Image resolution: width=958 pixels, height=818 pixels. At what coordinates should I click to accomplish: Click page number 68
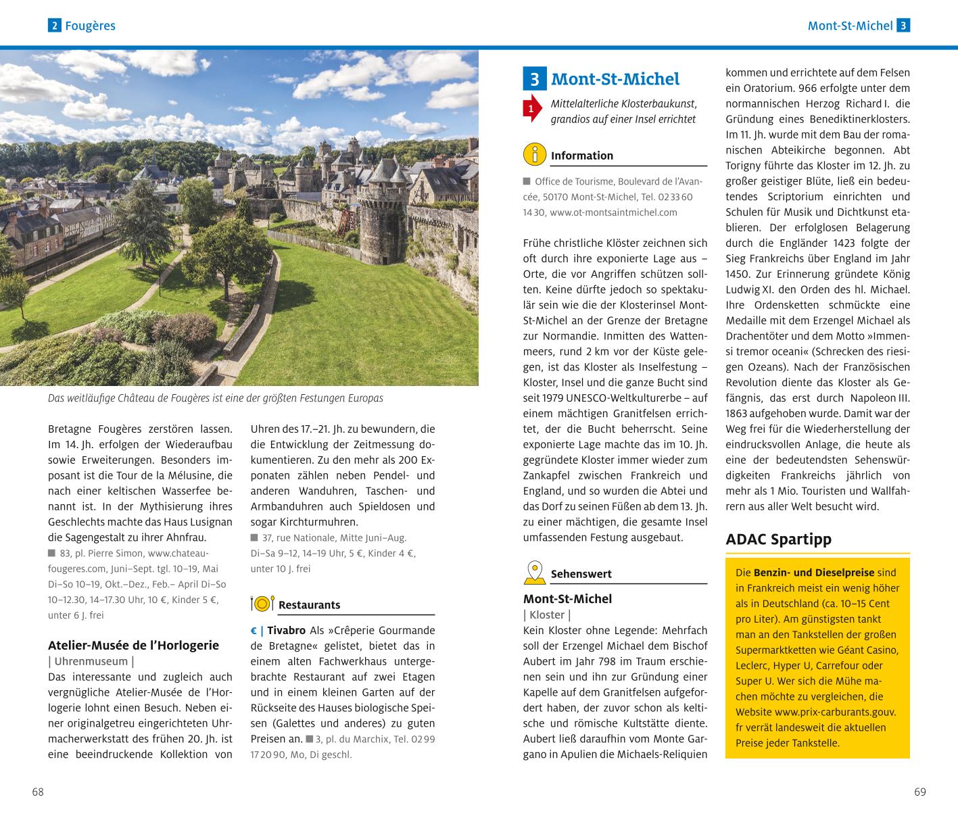point(38,792)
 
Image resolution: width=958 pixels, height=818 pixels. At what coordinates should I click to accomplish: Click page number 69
point(919,792)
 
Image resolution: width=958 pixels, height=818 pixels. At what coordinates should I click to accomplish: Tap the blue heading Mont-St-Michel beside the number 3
point(615,79)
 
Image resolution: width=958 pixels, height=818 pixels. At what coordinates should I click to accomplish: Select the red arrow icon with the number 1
point(532,108)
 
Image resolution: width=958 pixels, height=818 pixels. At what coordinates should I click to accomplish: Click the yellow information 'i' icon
point(534,155)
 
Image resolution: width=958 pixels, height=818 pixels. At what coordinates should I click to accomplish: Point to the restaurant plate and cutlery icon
point(262,604)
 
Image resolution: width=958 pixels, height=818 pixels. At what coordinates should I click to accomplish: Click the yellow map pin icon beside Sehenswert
point(534,573)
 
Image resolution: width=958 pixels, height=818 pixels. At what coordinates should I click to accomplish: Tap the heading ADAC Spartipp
point(778,539)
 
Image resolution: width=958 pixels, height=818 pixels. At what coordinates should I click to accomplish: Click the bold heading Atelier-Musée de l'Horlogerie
point(133,645)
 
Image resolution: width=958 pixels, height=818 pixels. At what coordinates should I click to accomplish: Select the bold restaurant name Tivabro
point(286,630)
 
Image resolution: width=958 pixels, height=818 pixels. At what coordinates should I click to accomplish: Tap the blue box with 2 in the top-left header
point(54,26)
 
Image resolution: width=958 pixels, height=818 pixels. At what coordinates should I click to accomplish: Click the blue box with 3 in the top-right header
point(903,26)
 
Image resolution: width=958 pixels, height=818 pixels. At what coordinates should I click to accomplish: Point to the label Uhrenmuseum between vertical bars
point(91,661)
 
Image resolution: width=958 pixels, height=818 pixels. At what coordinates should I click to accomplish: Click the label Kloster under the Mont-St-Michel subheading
point(547,615)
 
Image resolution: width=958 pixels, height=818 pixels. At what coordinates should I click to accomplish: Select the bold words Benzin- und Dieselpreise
point(813,572)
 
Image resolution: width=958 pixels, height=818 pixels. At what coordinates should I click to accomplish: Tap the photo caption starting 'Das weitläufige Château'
point(215,398)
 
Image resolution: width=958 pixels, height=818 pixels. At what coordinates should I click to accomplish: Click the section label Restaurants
point(309,605)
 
